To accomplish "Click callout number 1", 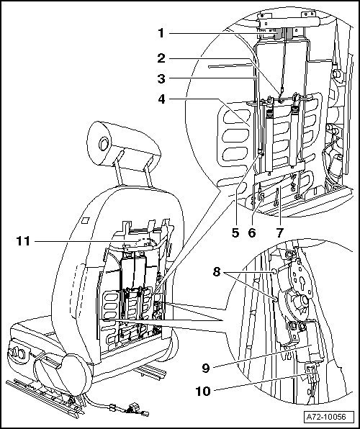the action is tap(161, 33).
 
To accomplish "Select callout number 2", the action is tap(161, 58).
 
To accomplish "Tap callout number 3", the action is tap(161, 78).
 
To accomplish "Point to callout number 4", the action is tap(161, 99).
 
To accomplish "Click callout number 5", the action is tap(235, 232).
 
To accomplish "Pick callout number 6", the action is tap(252, 232).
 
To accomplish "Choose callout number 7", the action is tap(279, 232).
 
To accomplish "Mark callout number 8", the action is tap(217, 272).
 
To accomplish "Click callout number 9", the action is tap(206, 369).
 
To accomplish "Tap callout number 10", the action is tap(203, 392).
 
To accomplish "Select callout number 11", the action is tap(23, 241).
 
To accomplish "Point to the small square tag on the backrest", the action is tap(86, 220).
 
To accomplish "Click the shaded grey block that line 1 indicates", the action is tap(283, 33).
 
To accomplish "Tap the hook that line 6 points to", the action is tap(261, 197).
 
